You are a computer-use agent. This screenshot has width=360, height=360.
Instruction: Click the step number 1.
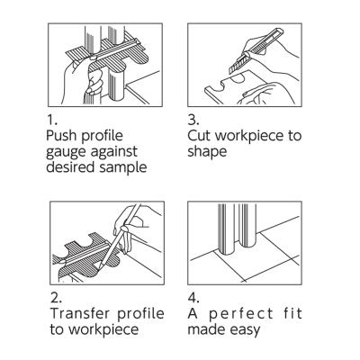pyautogui.click(x=51, y=120)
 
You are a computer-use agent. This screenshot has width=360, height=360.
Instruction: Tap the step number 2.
pyautogui.click(x=56, y=298)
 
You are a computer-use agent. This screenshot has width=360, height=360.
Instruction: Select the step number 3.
pyautogui.click(x=193, y=120)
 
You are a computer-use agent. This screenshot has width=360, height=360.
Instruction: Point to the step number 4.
pyautogui.click(x=193, y=298)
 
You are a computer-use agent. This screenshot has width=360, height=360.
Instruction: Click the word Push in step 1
pyautogui.click(x=61, y=136)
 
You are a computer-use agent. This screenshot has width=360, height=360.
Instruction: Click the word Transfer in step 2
pyautogui.click(x=79, y=313)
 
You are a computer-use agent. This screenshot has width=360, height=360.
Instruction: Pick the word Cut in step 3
pyautogui.click(x=199, y=136)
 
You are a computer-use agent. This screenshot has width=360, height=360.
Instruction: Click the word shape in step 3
pyautogui.click(x=207, y=152)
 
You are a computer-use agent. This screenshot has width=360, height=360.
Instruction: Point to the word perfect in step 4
pyautogui.click(x=241, y=314)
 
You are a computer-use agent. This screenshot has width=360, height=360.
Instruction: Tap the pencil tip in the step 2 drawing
pyautogui.click(x=100, y=267)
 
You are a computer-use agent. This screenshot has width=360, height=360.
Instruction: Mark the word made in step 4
pyautogui.click(x=207, y=329)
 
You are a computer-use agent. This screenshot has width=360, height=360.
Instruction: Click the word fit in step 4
pyautogui.click(x=292, y=313)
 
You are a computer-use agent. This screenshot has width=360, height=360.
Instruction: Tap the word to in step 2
pyautogui.click(x=58, y=329)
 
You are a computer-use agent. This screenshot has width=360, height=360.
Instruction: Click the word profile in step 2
pyautogui.click(x=140, y=314)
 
